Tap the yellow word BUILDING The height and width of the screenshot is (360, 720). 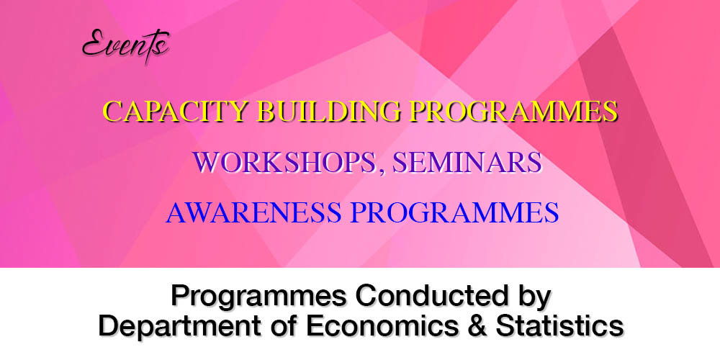tap(329, 111)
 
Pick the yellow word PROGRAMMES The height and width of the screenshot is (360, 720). tap(513, 111)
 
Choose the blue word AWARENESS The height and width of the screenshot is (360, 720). tap(253, 212)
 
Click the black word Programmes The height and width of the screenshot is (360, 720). tap(259, 297)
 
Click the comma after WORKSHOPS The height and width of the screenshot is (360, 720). tap(381, 171)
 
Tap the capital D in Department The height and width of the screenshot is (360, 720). tap(109, 326)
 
